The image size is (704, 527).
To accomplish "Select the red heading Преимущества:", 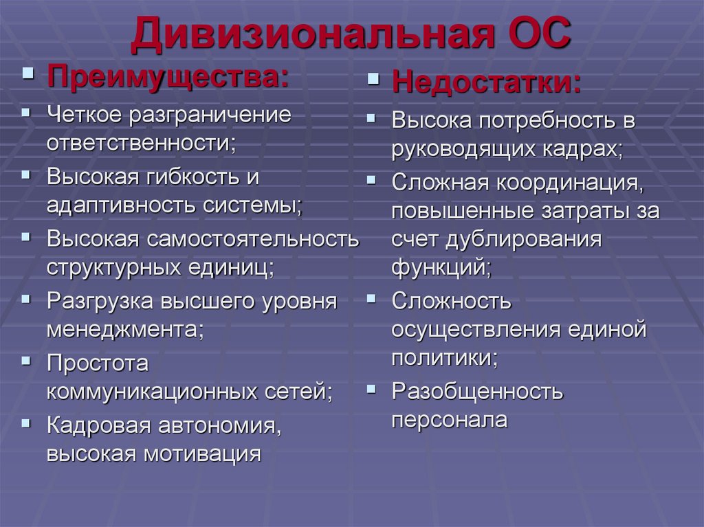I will click(168, 76).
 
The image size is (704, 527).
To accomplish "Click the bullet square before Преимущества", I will click(28, 73).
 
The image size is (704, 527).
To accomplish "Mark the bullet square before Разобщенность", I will click(371, 389).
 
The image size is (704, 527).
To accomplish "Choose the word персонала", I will click(449, 419).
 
